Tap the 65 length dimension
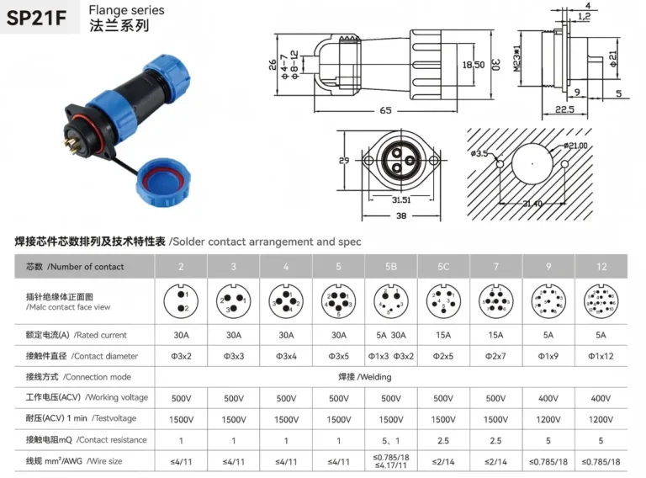click(x=384, y=110)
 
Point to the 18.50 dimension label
click(x=474, y=64)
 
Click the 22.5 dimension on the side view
click(x=564, y=109)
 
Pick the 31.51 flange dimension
click(x=400, y=199)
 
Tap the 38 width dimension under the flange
click(x=400, y=215)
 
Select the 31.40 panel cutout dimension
click(x=532, y=204)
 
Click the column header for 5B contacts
click(x=391, y=266)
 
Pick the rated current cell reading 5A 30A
click(x=391, y=335)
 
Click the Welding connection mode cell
click(x=391, y=376)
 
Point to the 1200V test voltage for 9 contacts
click(x=548, y=418)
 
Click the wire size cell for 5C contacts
click(x=443, y=461)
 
